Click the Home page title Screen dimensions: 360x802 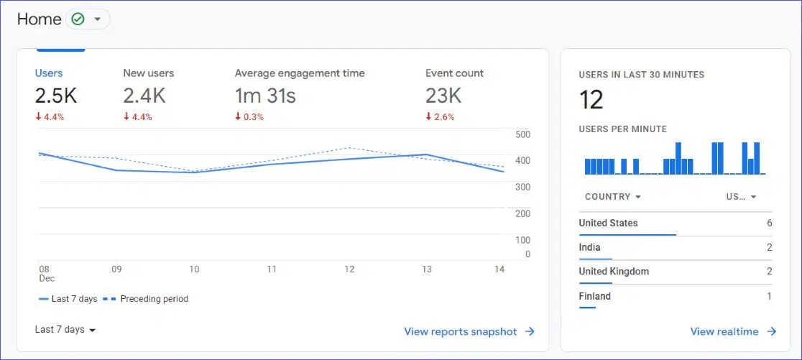[x=39, y=19]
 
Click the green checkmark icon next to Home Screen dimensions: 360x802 [x=78, y=19]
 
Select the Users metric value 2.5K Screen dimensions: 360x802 [x=56, y=96]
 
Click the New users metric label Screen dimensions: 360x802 [x=148, y=73]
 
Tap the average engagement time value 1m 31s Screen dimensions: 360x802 [x=265, y=96]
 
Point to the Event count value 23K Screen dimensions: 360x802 [x=443, y=96]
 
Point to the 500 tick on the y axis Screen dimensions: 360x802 [x=522, y=134]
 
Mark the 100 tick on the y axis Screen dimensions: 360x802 [x=522, y=240]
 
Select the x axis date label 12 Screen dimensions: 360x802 [x=349, y=269]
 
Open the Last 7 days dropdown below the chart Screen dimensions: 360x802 [x=65, y=330]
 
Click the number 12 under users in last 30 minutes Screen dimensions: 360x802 [x=591, y=100]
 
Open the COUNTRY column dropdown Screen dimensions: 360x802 [x=613, y=197]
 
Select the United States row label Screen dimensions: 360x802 [x=608, y=223]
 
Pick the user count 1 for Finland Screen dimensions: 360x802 [x=769, y=296]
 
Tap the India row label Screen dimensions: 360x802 [x=589, y=248]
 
